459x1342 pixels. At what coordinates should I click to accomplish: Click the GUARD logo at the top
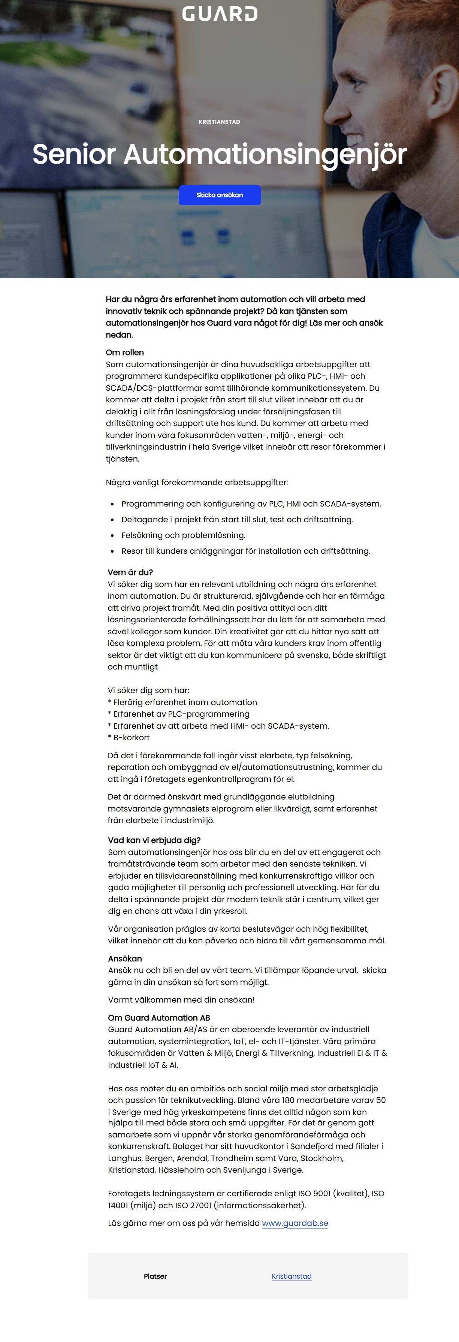tap(219, 14)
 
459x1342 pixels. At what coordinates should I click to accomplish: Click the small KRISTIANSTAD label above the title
tap(219, 122)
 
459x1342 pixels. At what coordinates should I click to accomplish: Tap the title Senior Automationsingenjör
tap(219, 154)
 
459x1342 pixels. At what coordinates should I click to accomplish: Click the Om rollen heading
tap(124, 353)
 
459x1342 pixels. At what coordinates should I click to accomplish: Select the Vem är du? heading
tap(130, 572)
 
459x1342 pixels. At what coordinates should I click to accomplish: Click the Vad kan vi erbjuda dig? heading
tap(154, 840)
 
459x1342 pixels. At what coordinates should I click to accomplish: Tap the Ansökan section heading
tap(125, 959)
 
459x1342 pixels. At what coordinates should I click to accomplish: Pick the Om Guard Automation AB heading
tap(159, 1018)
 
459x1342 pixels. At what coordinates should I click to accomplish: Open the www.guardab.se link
tap(295, 1223)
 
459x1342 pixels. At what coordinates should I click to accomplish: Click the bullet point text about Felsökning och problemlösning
tap(183, 535)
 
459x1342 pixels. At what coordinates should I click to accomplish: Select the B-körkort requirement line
tap(129, 738)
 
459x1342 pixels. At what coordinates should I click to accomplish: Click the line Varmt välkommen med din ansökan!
tap(181, 1000)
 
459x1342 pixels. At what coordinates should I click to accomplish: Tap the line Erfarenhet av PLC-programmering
tap(179, 714)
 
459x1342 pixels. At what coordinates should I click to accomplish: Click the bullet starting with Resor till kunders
tap(246, 551)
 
